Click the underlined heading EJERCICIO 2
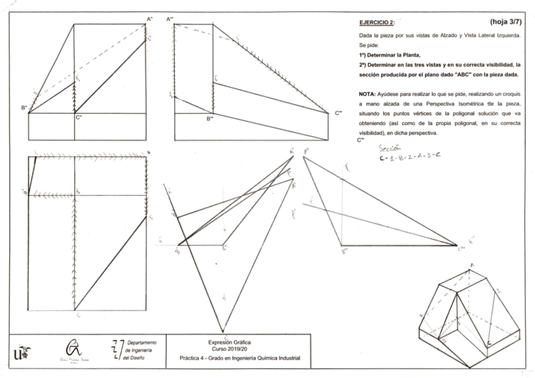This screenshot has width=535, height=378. (x=376, y=23)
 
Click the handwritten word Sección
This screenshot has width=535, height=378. (x=389, y=148)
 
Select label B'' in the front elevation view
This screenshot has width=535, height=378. (x=24, y=108)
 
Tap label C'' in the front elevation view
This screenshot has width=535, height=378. (x=79, y=117)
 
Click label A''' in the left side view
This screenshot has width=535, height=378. (x=170, y=20)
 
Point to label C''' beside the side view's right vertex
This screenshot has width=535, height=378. (x=339, y=113)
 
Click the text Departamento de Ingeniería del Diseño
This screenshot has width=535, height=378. (x=142, y=350)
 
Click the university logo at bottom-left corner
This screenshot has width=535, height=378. (x=20, y=351)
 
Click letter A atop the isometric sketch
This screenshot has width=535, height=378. (x=471, y=264)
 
